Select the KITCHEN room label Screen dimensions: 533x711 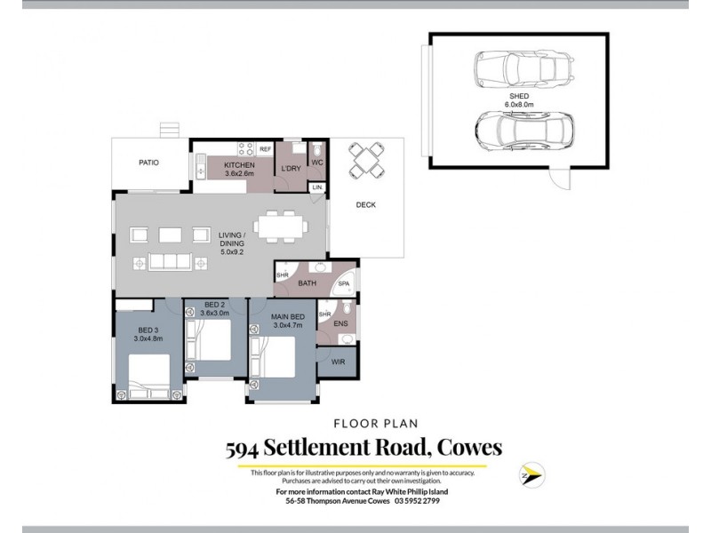click(239, 166)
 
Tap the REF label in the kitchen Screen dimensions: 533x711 click(265, 149)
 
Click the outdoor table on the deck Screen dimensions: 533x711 click(367, 160)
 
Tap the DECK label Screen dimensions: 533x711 click(365, 205)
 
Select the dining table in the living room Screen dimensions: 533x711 click(281, 227)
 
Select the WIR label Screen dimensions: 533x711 click(338, 362)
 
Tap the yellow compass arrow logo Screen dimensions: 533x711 click(531, 475)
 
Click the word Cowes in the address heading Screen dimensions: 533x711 click(460, 448)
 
